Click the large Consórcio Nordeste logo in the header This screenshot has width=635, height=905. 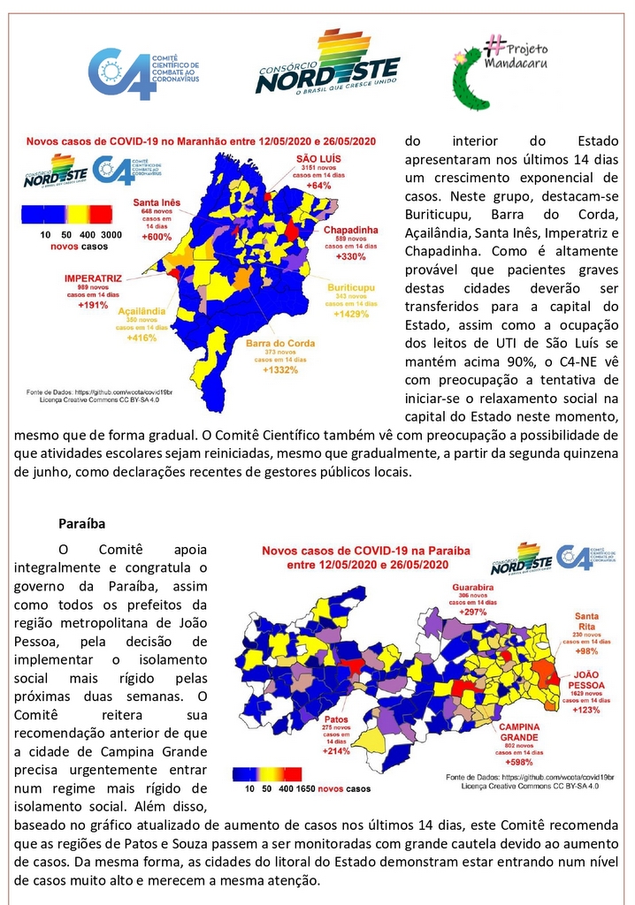[327, 63]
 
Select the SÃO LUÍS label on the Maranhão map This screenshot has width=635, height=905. [312, 157]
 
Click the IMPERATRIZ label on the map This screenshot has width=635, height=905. [92, 278]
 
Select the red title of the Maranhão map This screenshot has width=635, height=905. [202, 141]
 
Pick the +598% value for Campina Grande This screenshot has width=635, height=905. [519, 762]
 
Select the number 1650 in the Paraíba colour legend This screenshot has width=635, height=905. [305, 787]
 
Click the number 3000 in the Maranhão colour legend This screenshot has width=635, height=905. [111, 234]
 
